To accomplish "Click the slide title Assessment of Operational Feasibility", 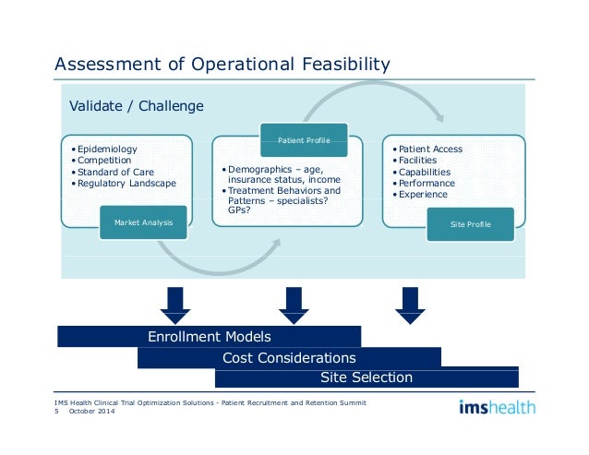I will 222,64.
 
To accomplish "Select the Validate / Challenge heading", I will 137,106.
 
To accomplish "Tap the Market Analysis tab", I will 143,222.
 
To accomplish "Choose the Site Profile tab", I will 470,224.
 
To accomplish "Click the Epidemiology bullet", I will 107,150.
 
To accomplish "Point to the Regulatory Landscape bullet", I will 126,183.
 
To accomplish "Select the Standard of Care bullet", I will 115,172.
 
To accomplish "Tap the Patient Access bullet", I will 429,150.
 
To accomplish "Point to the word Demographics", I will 258,169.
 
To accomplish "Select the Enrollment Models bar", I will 210,336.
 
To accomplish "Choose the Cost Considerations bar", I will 289,357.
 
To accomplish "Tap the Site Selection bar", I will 367,377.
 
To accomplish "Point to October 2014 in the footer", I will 91,412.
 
